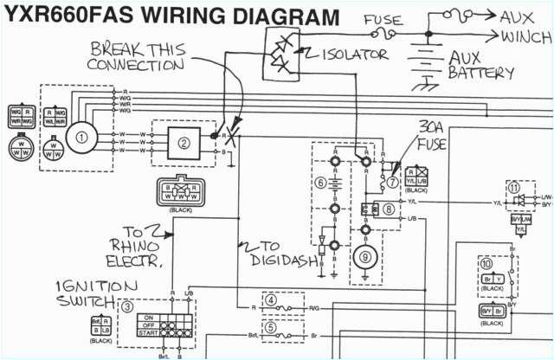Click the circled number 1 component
(83, 136)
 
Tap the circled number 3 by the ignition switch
(128, 305)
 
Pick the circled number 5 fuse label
(271, 327)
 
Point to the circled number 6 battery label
(320, 183)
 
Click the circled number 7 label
(394, 183)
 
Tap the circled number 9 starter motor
(364, 256)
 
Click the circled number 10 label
(487, 263)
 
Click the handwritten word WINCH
(525, 36)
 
